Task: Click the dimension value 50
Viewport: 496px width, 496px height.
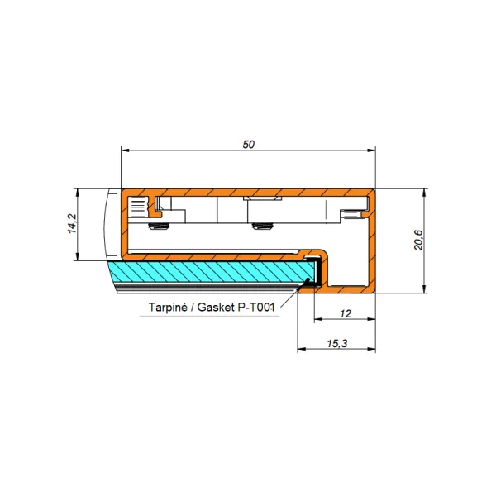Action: (x=248, y=144)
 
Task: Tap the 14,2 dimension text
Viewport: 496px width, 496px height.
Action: (x=73, y=224)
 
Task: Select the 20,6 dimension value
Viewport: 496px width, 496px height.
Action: (x=418, y=240)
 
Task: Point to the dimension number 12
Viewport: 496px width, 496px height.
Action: (x=345, y=313)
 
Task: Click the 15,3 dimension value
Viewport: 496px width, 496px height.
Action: (x=337, y=343)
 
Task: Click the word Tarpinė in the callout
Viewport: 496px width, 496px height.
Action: (x=168, y=307)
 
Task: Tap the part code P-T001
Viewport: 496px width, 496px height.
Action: (x=255, y=307)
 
